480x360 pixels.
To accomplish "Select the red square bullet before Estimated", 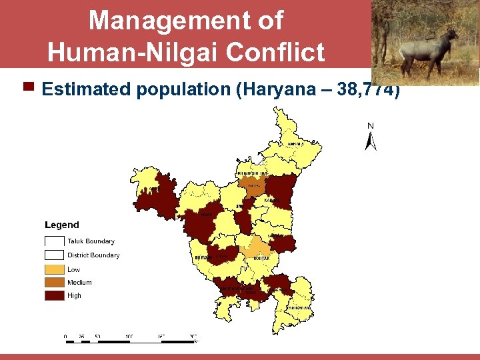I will [29, 87].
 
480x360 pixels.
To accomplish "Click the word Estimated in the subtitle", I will [87, 89].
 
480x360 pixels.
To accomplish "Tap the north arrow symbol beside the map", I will [371, 141].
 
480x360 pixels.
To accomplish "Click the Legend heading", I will [62, 225].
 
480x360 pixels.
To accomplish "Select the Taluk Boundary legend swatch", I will [55, 241].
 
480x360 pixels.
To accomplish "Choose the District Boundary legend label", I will [93, 255].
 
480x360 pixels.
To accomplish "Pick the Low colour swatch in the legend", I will [55, 269].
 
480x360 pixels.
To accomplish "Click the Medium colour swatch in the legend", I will [55, 283].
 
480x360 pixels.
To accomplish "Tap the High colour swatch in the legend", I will [55, 295].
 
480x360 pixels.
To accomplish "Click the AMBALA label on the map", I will [295, 144].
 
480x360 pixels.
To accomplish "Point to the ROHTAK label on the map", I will [261, 258].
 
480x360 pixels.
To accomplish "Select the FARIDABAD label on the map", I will [300, 308].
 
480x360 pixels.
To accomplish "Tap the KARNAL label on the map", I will [270, 200].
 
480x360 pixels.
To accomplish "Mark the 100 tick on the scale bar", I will [130, 336].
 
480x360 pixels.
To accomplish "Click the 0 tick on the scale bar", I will [65, 336].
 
